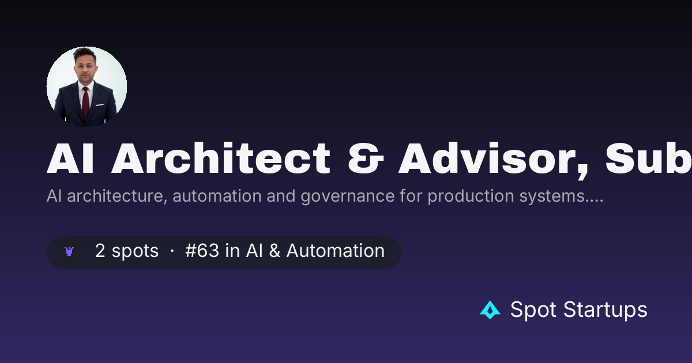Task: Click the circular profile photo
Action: click(x=86, y=86)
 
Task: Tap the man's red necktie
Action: click(x=85, y=103)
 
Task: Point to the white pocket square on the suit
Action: click(x=100, y=105)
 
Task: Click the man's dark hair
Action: click(x=85, y=53)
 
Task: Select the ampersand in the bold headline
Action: click(x=366, y=158)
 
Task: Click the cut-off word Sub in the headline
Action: click(x=648, y=158)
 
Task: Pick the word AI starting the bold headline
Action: click(x=70, y=158)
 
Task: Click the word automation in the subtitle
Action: click(x=217, y=196)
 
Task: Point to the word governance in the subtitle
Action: click(x=348, y=196)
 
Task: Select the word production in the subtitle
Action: click(x=471, y=196)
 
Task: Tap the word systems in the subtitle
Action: click(x=552, y=196)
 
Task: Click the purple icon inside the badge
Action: click(x=69, y=251)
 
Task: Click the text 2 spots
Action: click(x=127, y=251)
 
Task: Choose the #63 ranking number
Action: click(x=202, y=250)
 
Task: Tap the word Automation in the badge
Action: click(x=336, y=250)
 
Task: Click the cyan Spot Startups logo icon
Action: click(x=490, y=310)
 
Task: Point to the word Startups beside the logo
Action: click(x=605, y=310)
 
